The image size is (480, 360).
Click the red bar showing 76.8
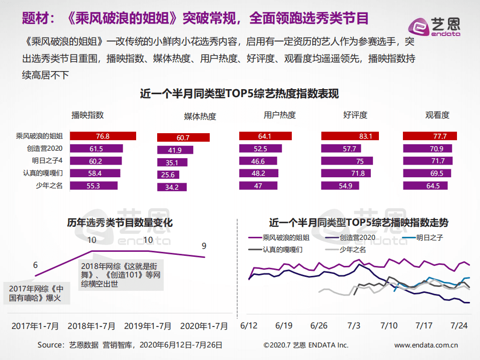103,136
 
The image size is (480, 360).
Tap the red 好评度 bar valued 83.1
355,136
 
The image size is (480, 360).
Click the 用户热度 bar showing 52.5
260,148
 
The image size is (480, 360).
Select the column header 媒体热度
200,117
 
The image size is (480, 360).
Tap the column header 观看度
437,115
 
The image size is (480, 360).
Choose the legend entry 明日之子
429,237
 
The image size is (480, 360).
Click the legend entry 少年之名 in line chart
352,249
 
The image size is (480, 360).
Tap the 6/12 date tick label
249,325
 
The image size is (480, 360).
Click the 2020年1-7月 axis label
204,326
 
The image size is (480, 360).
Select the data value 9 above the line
204,246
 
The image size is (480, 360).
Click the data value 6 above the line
36,265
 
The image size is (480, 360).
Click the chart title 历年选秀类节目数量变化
120,222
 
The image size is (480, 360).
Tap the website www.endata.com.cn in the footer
426,345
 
